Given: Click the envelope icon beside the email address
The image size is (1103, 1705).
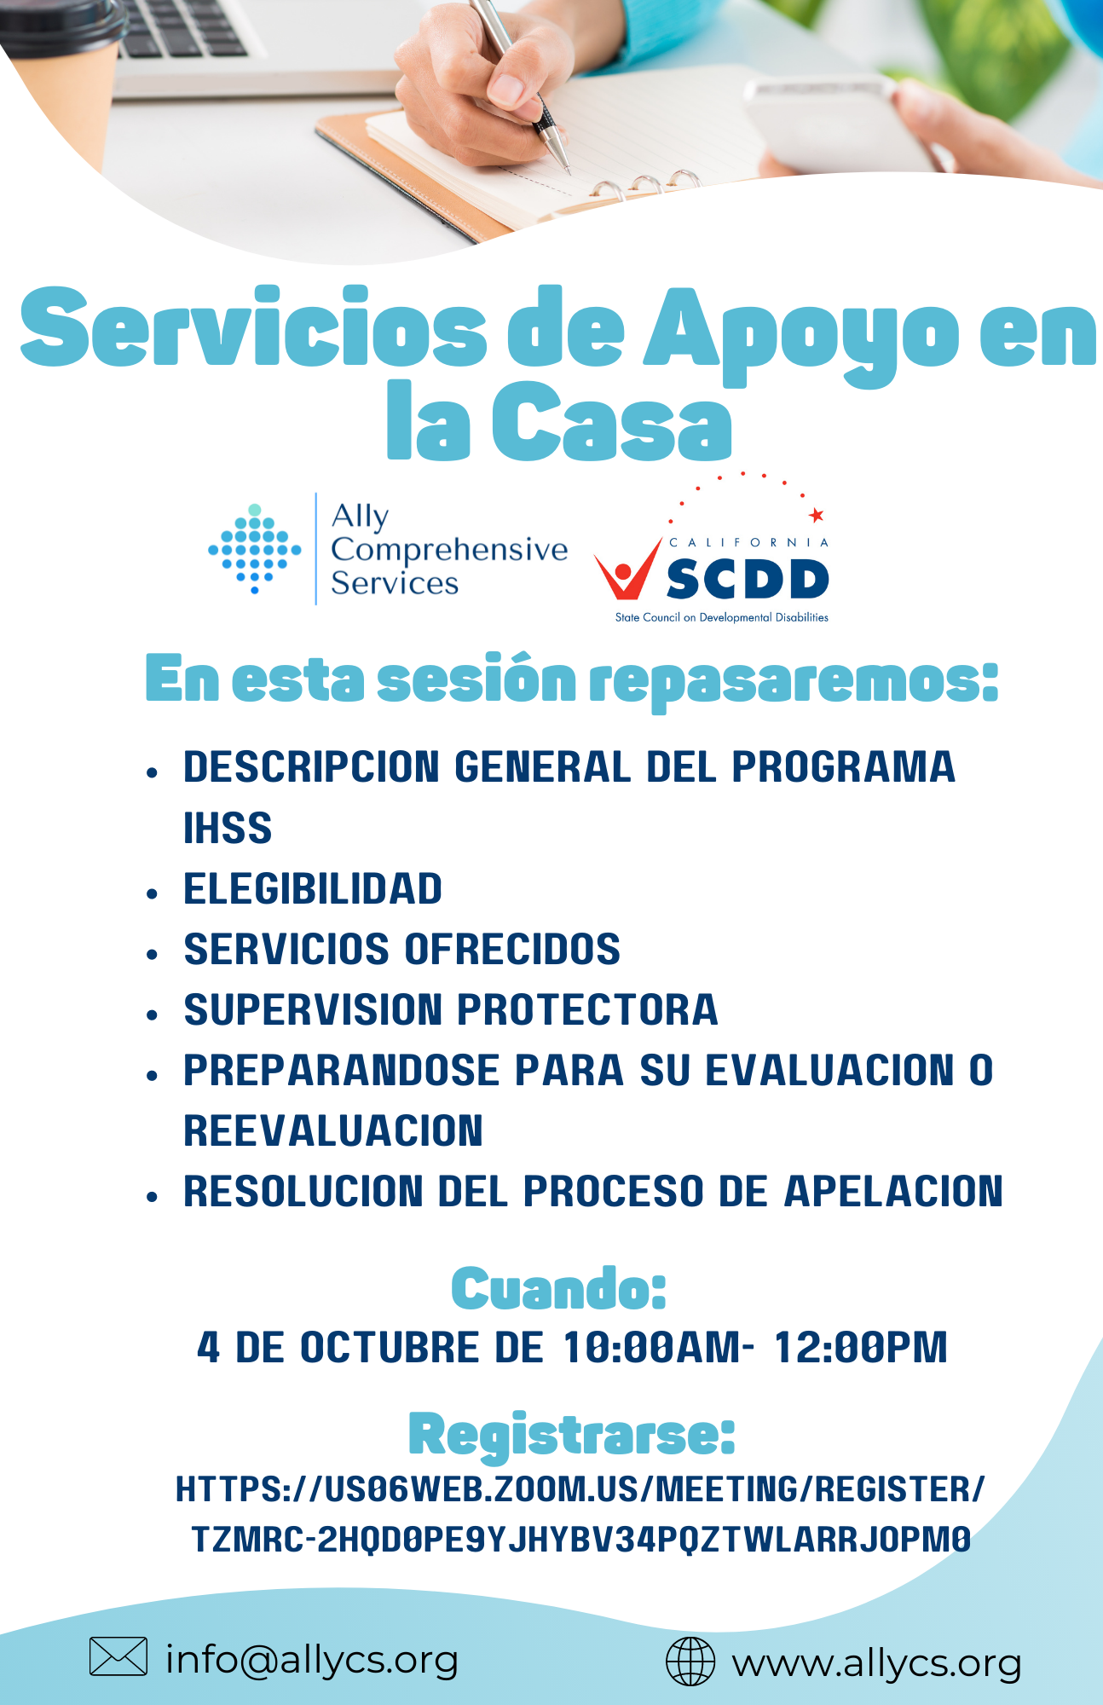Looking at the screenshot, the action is tap(118, 1656).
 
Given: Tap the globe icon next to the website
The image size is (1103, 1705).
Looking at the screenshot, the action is tap(690, 1662).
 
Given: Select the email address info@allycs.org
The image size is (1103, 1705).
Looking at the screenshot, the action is tap(312, 1659).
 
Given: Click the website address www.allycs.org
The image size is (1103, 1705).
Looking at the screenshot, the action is tap(877, 1663).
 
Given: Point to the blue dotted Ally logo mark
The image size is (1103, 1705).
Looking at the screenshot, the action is tap(255, 548).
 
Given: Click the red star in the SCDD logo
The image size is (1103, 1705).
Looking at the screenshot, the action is tap(817, 515).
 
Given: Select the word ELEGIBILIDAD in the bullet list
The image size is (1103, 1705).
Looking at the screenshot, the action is tap(313, 888).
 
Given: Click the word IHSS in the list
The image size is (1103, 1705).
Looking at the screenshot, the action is tap(228, 828).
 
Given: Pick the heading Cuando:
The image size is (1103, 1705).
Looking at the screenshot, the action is tap(558, 1288).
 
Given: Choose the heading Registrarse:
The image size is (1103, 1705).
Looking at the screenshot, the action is tap(571, 1436).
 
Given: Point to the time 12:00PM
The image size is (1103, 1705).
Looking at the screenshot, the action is tap(860, 1348).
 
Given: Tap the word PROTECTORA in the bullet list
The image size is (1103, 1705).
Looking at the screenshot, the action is tap(588, 1009).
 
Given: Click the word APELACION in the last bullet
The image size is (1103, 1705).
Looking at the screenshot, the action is tap(893, 1191).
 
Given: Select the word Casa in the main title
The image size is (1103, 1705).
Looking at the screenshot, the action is tap(611, 422).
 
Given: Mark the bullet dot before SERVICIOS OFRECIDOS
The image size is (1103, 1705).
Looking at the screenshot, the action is tap(153, 954).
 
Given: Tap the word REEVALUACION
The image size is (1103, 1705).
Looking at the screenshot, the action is tap(333, 1130).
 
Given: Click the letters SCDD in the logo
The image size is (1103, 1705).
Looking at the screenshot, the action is tap(747, 580).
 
